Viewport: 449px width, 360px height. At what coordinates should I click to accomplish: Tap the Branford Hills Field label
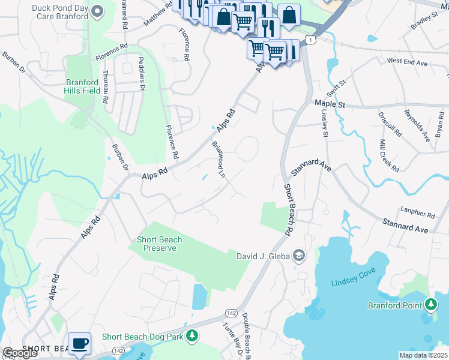(82, 86)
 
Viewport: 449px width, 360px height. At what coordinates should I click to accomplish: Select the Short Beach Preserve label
(160, 244)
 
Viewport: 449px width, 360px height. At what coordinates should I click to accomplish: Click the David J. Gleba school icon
(298, 257)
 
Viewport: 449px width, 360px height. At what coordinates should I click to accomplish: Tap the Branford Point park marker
(430, 305)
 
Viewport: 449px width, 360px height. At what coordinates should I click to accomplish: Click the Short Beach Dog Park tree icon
(191, 337)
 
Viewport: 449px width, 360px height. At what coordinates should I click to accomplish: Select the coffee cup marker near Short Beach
(79, 344)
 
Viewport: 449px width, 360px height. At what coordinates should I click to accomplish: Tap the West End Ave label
(407, 61)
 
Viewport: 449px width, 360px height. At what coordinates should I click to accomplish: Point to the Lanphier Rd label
(418, 214)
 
